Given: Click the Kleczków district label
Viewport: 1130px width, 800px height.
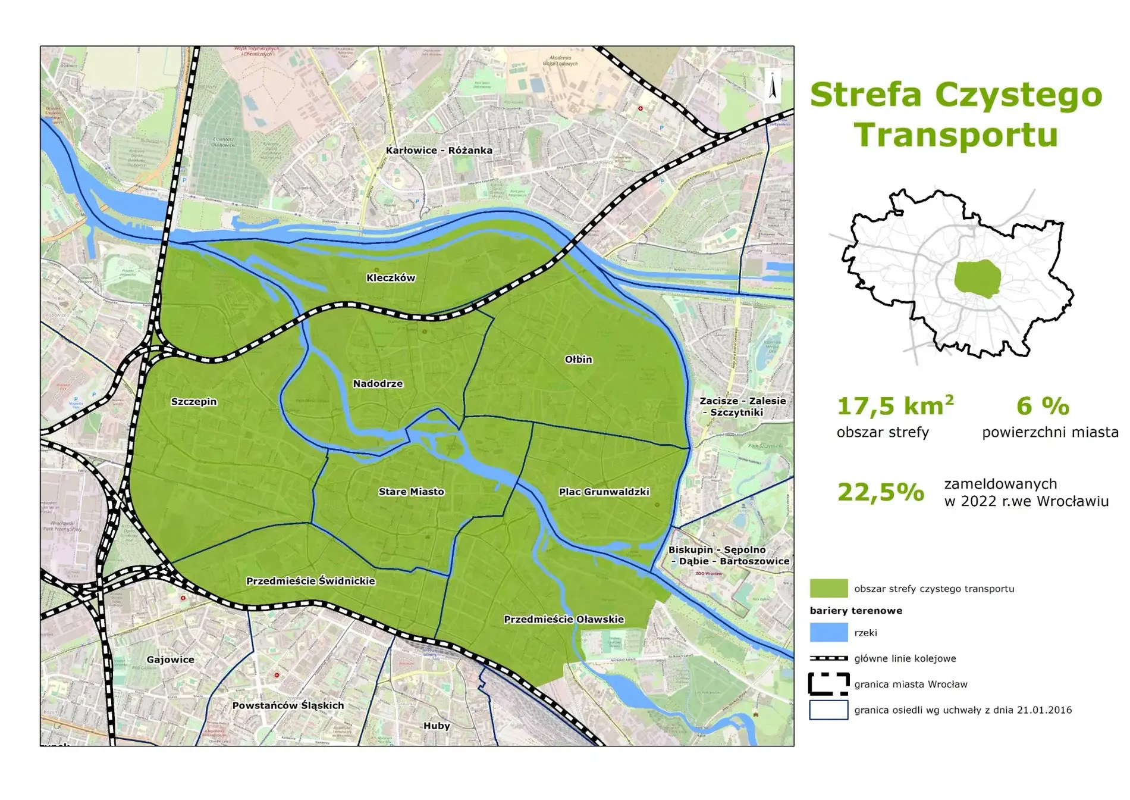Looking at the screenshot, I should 391,278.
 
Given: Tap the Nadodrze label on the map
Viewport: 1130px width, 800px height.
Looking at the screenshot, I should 378,384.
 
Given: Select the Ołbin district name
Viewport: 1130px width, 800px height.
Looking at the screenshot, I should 578,360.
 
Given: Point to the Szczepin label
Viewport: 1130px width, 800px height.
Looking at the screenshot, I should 194,402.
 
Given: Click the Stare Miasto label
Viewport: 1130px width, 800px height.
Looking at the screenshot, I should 411,492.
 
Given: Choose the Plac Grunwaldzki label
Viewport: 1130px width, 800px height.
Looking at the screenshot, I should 604,492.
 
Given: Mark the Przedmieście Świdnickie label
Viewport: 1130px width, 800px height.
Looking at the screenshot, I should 310,581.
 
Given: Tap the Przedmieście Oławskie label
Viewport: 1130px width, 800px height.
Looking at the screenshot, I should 563,619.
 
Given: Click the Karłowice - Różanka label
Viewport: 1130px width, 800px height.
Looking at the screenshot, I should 439,151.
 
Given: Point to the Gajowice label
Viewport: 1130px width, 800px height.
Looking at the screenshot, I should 170,660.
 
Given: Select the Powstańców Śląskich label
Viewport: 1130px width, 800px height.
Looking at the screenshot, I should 288,705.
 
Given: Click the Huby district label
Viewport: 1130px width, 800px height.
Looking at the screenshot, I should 437,726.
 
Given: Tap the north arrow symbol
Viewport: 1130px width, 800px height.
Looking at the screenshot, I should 773,87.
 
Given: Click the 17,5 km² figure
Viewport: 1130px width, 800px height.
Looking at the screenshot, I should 894,406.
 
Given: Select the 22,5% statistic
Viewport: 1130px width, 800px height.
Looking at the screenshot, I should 881,492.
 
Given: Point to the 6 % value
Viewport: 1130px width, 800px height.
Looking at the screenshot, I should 1043,406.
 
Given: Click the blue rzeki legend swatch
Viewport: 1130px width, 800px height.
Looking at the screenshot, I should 828,633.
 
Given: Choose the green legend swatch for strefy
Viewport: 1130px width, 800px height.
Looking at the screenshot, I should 828,589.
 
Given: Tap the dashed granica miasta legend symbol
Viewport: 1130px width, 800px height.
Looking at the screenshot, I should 828,684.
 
